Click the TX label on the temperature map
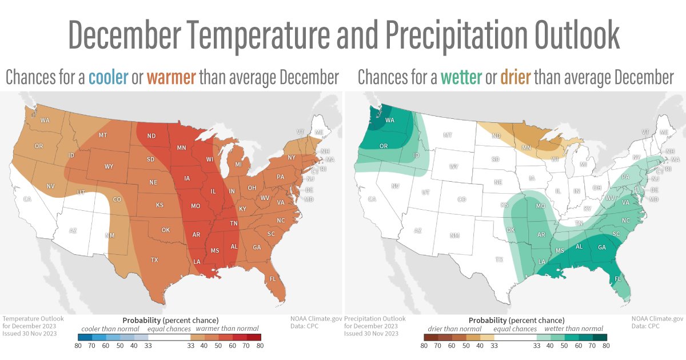[154, 259]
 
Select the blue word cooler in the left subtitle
[108, 78]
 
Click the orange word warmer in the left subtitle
[171, 78]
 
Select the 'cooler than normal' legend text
[106, 329]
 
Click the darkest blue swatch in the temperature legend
[84, 337]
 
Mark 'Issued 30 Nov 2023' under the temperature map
[30, 333]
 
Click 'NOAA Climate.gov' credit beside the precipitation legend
[657, 319]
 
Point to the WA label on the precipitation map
[390, 121]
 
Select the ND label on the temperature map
[151, 136]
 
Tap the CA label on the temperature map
[26, 199]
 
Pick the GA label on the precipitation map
[601, 247]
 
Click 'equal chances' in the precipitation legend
[515, 329]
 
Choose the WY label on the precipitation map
[454, 167]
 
